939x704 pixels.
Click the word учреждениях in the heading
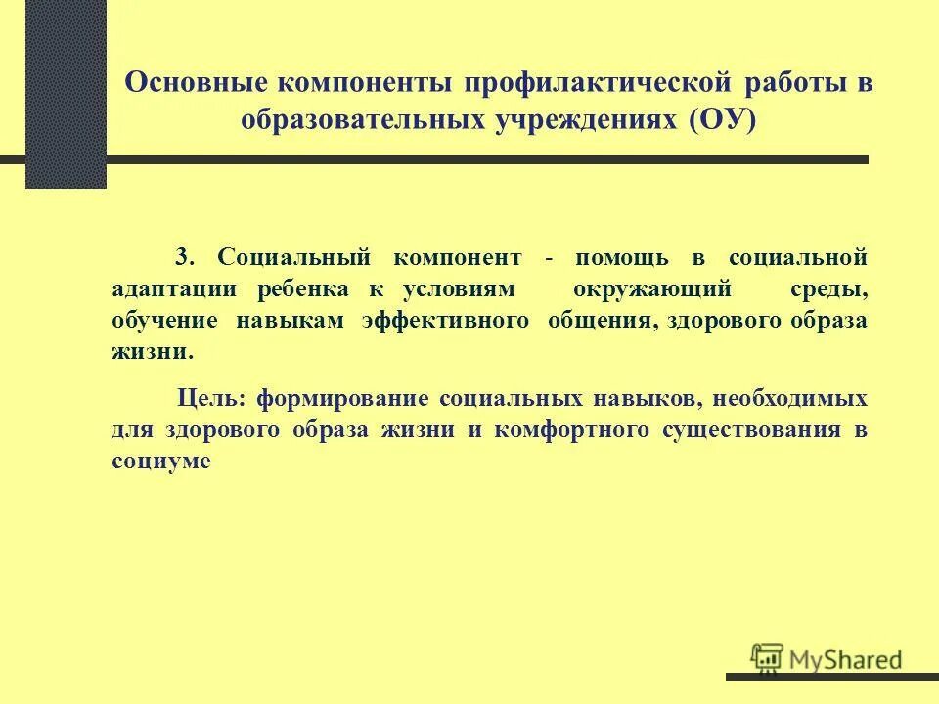(573, 119)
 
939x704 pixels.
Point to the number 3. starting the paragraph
(186, 259)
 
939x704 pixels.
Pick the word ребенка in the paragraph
(302, 290)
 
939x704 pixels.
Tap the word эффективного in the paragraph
(445, 322)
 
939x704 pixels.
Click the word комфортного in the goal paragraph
(571, 430)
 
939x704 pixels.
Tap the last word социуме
(160, 462)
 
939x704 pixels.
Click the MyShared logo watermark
(827, 659)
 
